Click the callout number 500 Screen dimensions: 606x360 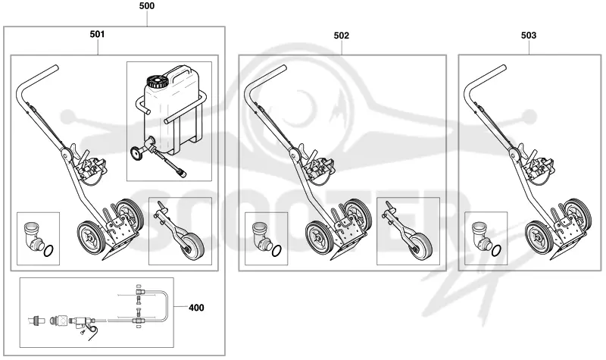146,6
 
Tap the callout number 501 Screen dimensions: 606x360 97,34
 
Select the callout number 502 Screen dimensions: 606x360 342,36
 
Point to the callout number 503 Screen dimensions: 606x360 529,36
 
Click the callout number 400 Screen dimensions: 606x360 196,308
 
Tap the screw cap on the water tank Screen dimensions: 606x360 157,82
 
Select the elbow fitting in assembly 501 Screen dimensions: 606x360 32,236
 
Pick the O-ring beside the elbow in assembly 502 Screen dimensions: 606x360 276,252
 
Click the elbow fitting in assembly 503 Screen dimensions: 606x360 481,236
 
